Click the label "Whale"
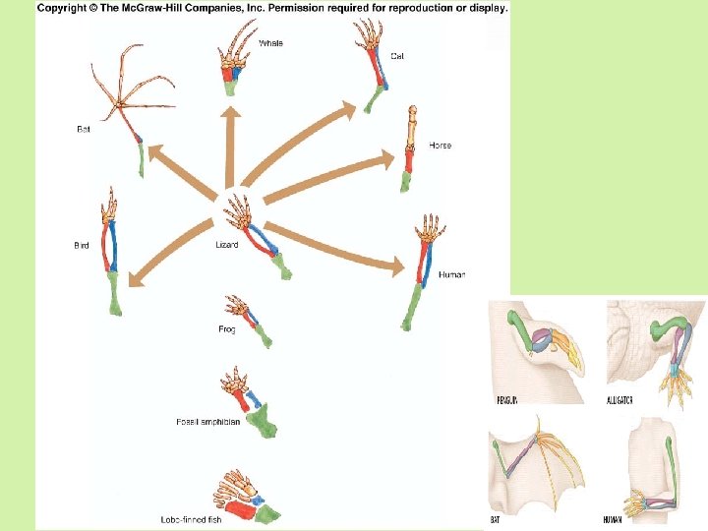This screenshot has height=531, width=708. (271, 43)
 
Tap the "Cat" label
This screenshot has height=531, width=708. (397, 56)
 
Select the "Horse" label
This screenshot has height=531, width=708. (441, 146)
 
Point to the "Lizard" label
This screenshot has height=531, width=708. (227, 245)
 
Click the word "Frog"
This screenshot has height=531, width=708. (227, 329)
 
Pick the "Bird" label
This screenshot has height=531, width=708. (82, 246)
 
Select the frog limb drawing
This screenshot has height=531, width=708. (247, 319)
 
